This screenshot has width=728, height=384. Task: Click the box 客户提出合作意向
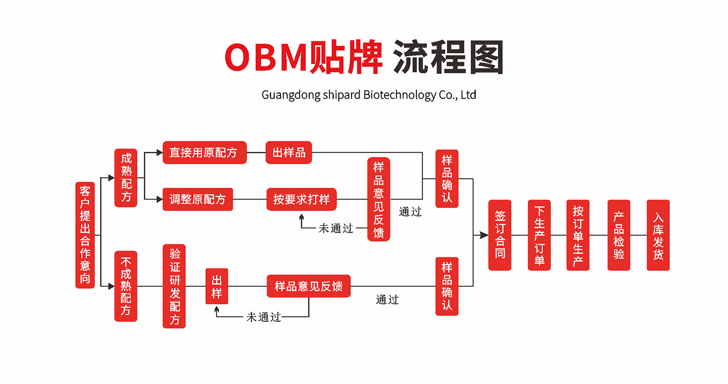pyautogui.click(x=85, y=235)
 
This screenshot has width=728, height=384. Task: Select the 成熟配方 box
pyautogui.click(x=126, y=178)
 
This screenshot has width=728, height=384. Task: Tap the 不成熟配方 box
pyautogui.click(x=126, y=286)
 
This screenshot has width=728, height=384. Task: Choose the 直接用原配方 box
pyautogui.click(x=204, y=153)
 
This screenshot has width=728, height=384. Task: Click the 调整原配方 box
pyautogui.click(x=198, y=199)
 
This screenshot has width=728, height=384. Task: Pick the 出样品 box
pyautogui.click(x=289, y=153)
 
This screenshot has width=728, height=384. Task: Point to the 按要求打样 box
pyautogui.click(x=301, y=199)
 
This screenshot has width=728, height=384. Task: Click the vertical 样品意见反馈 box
pyautogui.click(x=379, y=199)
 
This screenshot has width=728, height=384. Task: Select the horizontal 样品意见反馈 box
pyautogui.click(x=309, y=286)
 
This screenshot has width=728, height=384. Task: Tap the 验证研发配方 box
pyautogui.click(x=174, y=286)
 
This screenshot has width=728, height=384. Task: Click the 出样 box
pyautogui.click(x=216, y=286)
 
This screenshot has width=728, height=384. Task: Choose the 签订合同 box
pyautogui.click(x=500, y=235)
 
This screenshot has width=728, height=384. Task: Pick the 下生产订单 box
pyautogui.click(x=539, y=235)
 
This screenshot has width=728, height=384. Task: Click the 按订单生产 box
pyautogui.click(x=578, y=235)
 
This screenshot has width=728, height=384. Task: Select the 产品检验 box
pyautogui.click(x=619, y=235)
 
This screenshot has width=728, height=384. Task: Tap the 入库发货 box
pyautogui.click(x=658, y=235)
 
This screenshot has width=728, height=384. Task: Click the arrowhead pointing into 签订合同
pyautogui.click(x=484, y=235)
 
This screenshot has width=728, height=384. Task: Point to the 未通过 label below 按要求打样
pyautogui.click(x=336, y=228)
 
